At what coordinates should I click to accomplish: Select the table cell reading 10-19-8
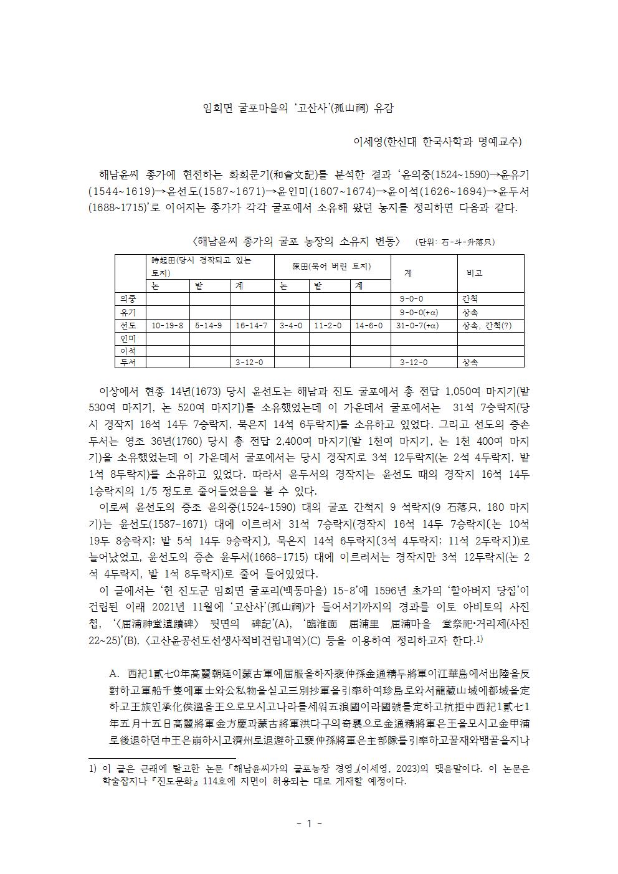(x=168, y=325)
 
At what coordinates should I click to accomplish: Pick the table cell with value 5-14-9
(x=209, y=325)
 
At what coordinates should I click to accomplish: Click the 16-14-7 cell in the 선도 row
(x=252, y=325)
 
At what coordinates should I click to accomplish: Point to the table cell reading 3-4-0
(x=292, y=325)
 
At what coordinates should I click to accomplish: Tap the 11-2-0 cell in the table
(x=330, y=325)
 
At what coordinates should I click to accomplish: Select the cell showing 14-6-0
(x=369, y=325)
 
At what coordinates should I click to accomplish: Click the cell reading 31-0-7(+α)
(x=423, y=325)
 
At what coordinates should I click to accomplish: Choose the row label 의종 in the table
(x=130, y=298)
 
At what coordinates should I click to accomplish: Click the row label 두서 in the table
(x=130, y=362)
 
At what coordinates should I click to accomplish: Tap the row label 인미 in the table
(x=130, y=338)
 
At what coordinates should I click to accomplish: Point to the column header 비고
(x=475, y=273)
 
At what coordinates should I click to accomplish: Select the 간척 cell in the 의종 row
(x=470, y=298)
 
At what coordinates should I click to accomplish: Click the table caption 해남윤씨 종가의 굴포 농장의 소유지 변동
(x=298, y=241)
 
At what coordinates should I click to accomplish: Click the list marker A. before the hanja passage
(x=114, y=674)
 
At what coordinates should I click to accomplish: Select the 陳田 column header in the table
(x=331, y=267)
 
